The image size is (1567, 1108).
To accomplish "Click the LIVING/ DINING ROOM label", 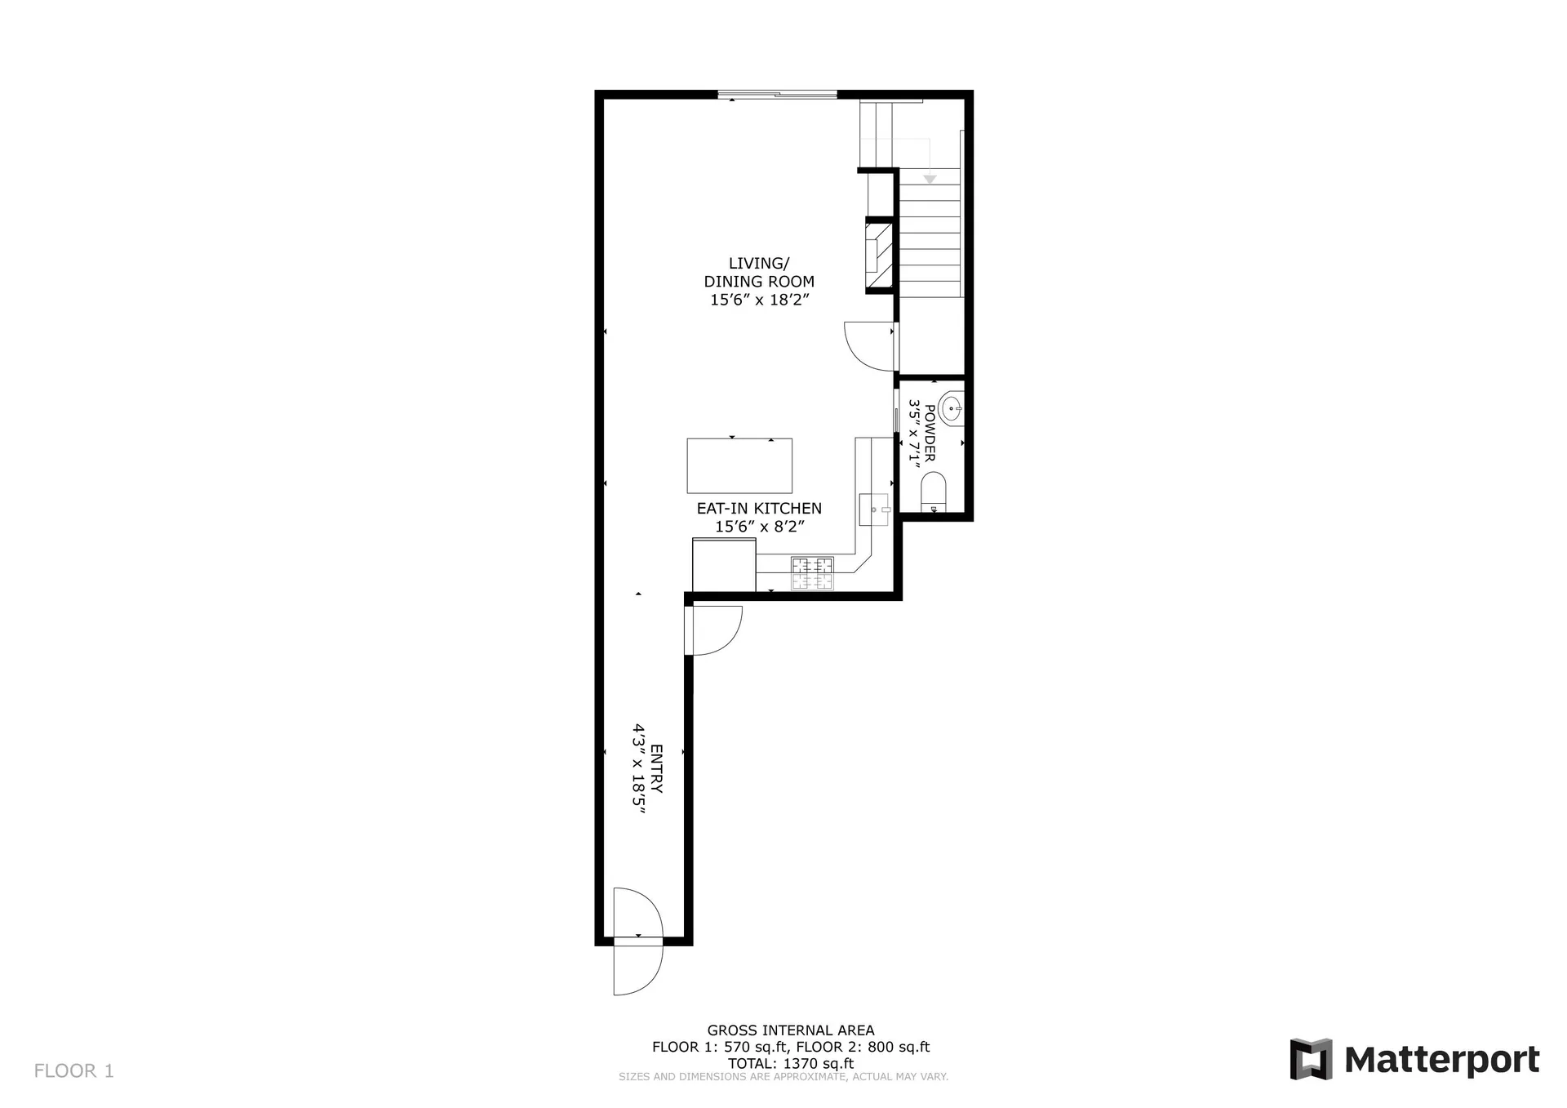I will pyautogui.click(x=759, y=281).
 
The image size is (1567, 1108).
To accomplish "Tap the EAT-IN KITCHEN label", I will pyautogui.click(x=759, y=517).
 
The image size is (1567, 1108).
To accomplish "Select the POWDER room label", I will pyautogui.click(x=922, y=433).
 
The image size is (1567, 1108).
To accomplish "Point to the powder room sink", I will pyautogui.click(x=951, y=407).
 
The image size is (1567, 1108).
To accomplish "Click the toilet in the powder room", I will pyautogui.click(x=933, y=492).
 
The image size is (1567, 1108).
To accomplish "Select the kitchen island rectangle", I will pyautogui.click(x=739, y=465).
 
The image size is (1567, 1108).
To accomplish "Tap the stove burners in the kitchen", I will pyautogui.click(x=812, y=573).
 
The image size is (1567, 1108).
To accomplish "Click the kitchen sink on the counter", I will pyautogui.click(x=873, y=510).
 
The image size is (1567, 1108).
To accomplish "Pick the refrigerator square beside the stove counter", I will pyautogui.click(x=724, y=565).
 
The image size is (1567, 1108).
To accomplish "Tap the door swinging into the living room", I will pyautogui.click(x=870, y=347).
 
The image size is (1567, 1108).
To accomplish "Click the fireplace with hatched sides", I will pyautogui.click(x=879, y=256).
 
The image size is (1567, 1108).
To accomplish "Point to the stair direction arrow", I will pyautogui.click(x=929, y=178).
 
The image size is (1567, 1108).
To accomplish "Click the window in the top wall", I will pyautogui.click(x=777, y=95).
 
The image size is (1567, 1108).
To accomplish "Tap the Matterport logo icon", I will pyautogui.click(x=1311, y=1059).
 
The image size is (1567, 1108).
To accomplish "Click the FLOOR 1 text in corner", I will pyautogui.click(x=74, y=1070).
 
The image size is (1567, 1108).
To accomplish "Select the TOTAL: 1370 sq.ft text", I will pyautogui.click(x=790, y=1063).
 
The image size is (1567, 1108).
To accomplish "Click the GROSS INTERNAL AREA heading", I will pyautogui.click(x=790, y=1030).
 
